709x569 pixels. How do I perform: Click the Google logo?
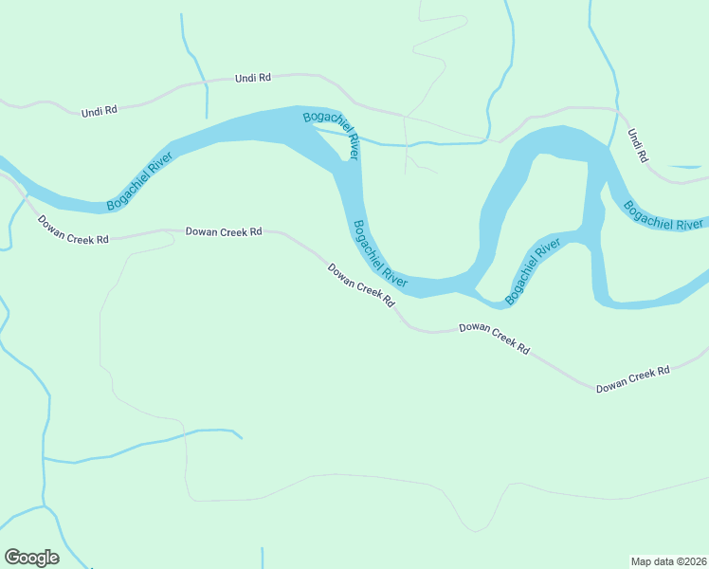(x=31, y=558)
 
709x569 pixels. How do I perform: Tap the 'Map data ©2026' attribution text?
(x=667, y=560)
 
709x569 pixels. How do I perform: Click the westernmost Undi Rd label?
(x=99, y=111)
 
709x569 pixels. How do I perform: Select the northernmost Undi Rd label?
(x=252, y=78)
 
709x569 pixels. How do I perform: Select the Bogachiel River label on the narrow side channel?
(x=533, y=273)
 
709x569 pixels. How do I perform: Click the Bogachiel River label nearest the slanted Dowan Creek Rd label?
(x=379, y=254)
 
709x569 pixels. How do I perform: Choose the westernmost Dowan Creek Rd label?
(x=73, y=230)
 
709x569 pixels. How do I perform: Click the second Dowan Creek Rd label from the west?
(x=223, y=230)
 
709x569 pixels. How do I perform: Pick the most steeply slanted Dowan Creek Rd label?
(x=360, y=285)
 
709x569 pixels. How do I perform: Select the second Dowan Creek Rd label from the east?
(x=494, y=338)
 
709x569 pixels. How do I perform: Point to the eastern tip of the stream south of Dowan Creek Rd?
(x=242, y=438)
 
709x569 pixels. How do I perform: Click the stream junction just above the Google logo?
(x=44, y=506)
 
